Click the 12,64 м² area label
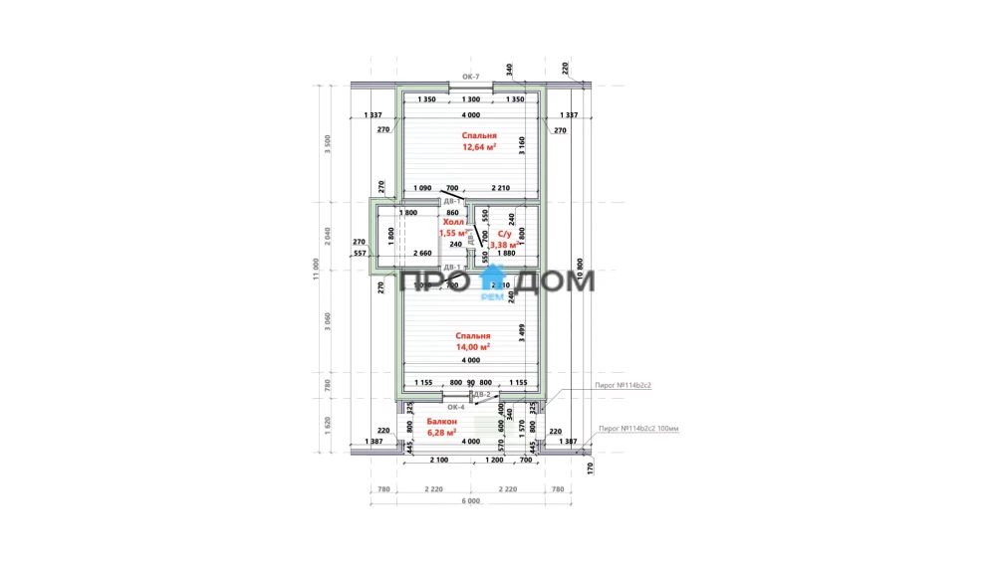pyautogui.click(x=480, y=147)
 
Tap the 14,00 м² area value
pyautogui.click(x=473, y=348)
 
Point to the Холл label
pyautogui.click(x=454, y=223)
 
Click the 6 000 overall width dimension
pyautogui.click(x=471, y=500)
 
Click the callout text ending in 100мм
pyautogui.click(x=637, y=429)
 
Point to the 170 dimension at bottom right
pyautogui.click(x=590, y=467)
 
